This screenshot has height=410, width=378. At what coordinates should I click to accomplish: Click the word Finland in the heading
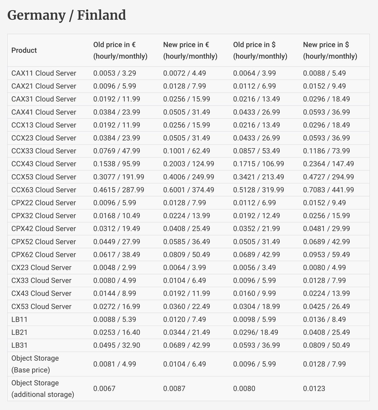[101, 15]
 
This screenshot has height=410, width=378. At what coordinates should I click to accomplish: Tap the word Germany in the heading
[36, 15]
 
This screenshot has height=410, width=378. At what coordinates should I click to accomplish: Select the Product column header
[24, 50]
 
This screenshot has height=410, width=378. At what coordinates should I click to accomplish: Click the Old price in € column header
[120, 50]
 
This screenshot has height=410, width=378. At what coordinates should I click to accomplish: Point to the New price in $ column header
[330, 50]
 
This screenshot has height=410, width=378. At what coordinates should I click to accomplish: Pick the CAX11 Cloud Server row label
[44, 73]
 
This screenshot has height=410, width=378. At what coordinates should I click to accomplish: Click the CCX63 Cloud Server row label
[44, 190]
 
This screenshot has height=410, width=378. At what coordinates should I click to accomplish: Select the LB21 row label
[20, 332]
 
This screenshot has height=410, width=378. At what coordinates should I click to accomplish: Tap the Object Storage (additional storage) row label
[43, 389]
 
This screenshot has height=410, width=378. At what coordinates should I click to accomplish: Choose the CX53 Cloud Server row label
[41, 306]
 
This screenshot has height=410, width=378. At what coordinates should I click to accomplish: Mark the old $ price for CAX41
[256, 112]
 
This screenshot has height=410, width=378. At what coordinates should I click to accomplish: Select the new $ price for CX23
[324, 268]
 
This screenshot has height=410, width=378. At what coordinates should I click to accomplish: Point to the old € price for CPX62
[117, 255]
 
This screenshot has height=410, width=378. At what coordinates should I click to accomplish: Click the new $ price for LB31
[326, 345]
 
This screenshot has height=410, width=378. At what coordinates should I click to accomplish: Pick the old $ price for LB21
[255, 332]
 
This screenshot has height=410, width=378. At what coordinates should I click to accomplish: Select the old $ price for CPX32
[256, 216]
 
